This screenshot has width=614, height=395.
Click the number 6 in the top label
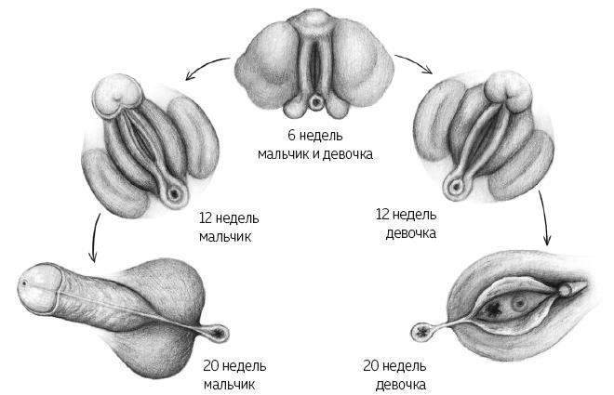click(292, 136)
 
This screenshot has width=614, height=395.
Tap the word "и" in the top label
click(314, 154)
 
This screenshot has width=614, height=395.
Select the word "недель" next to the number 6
click(321, 136)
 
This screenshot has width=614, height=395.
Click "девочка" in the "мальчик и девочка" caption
click(347, 154)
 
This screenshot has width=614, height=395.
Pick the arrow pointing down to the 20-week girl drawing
click(545, 217)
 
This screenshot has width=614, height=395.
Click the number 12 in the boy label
click(206, 217)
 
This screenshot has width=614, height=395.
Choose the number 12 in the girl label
click(382, 215)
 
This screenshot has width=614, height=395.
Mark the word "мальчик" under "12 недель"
click(225, 237)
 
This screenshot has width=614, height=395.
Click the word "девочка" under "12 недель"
click(411, 233)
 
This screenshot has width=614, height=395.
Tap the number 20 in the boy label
click(210, 366)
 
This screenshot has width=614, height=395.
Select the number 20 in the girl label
click(371, 366)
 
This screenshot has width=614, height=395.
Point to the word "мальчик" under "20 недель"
click(229, 385)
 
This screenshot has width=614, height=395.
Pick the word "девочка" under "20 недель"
click(401, 385)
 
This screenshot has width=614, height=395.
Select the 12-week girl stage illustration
click(485, 136)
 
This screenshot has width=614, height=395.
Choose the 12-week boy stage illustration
click(150, 146)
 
